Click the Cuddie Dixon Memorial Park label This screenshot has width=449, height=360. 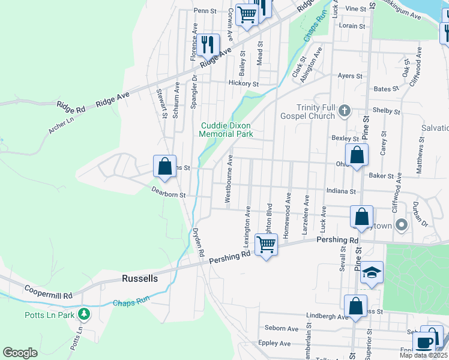pyautogui.click(x=226, y=130)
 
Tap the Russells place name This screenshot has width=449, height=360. pyautogui.click(x=139, y=279)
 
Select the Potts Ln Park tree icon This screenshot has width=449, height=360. pyautogui.click(x=85, y=314)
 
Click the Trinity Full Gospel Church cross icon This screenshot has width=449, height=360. pyautogui.click(x=344, y=110)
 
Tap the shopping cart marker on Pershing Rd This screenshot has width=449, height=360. pyautogui.click(x=266, y=244)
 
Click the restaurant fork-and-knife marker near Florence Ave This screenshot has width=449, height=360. pyautogui.click(x=208, y=44)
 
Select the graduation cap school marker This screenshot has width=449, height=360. pyautogui.click(x=372, y=273)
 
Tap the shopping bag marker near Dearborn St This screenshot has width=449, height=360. pyautogui.click(x=164, y=166)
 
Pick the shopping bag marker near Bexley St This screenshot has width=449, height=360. pyautogui.click(x=357, y=155)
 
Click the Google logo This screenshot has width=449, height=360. pyautogui.click(x=20, y=353)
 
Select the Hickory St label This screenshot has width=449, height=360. pyautogui.click(x=243, y=84)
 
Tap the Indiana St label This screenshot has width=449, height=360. pyautogui.click(x=342, y=191)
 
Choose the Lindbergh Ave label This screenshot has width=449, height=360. pyautogui.click(x=327, y=316)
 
